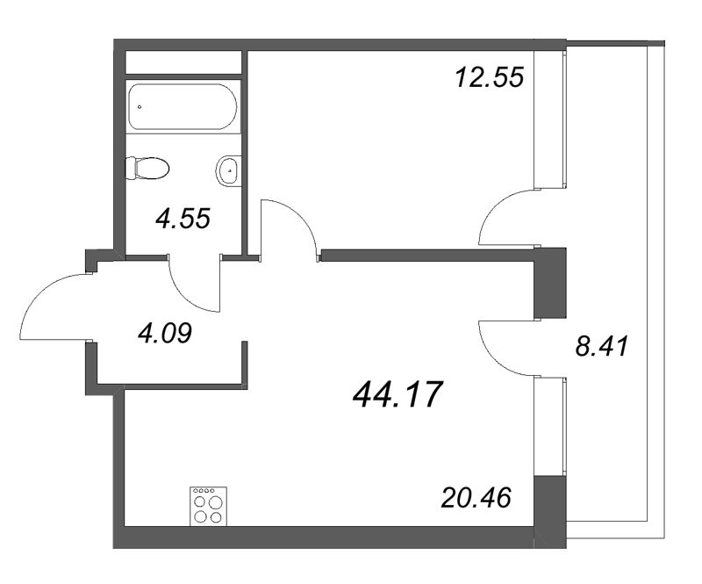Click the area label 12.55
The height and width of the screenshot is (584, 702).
(489, 77)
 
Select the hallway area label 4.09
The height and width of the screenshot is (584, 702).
(164, 333)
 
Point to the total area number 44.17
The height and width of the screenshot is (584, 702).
(398, 396)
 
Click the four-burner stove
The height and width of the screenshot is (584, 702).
(208, 507)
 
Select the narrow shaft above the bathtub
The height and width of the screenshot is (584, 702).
(183, 62)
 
